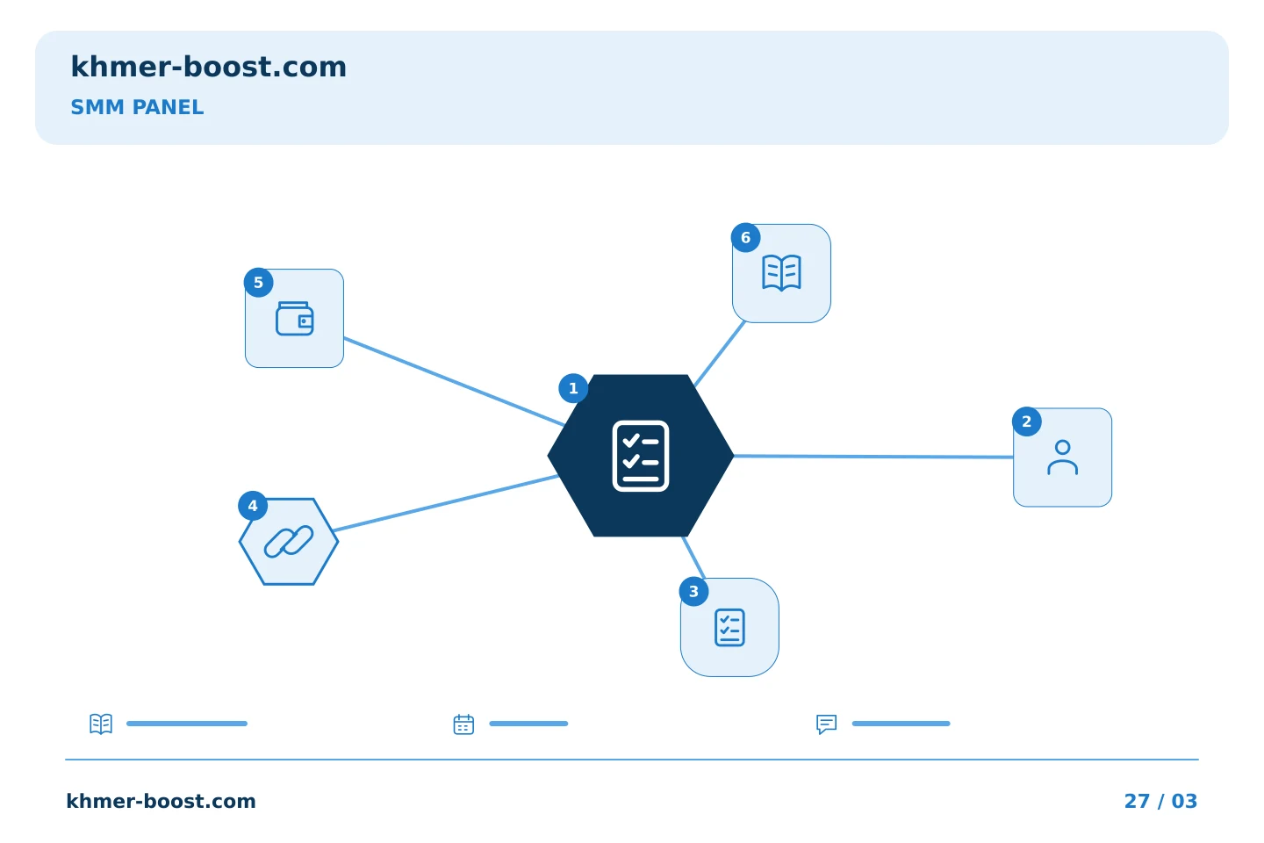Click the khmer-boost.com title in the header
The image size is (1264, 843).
(208, 67)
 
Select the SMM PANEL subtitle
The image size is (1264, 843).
(137, 107)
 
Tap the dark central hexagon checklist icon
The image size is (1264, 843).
(641, 456)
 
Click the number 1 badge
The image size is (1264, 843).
(573, 388)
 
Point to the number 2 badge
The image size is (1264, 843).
(1027, 421)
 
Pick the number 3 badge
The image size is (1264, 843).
(694, 592)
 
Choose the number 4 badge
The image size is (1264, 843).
(253, 506)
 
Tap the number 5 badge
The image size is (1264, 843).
(258, 283)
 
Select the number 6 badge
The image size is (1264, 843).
(746, 238)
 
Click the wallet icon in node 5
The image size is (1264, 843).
(295, 319)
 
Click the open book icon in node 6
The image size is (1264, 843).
(781, 273)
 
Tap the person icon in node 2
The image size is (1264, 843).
(1062, 458)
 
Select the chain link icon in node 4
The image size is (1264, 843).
(289, 542)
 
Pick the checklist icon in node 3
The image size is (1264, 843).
(729, 627)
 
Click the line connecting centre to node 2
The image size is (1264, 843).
(873, 457)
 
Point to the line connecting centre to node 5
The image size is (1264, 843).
(455, 382)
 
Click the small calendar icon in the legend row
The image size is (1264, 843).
(463, 724)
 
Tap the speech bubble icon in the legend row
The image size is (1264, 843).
(827, 724)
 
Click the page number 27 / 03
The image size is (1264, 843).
(1160, 801)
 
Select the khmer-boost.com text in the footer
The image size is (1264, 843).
(161, 801)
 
